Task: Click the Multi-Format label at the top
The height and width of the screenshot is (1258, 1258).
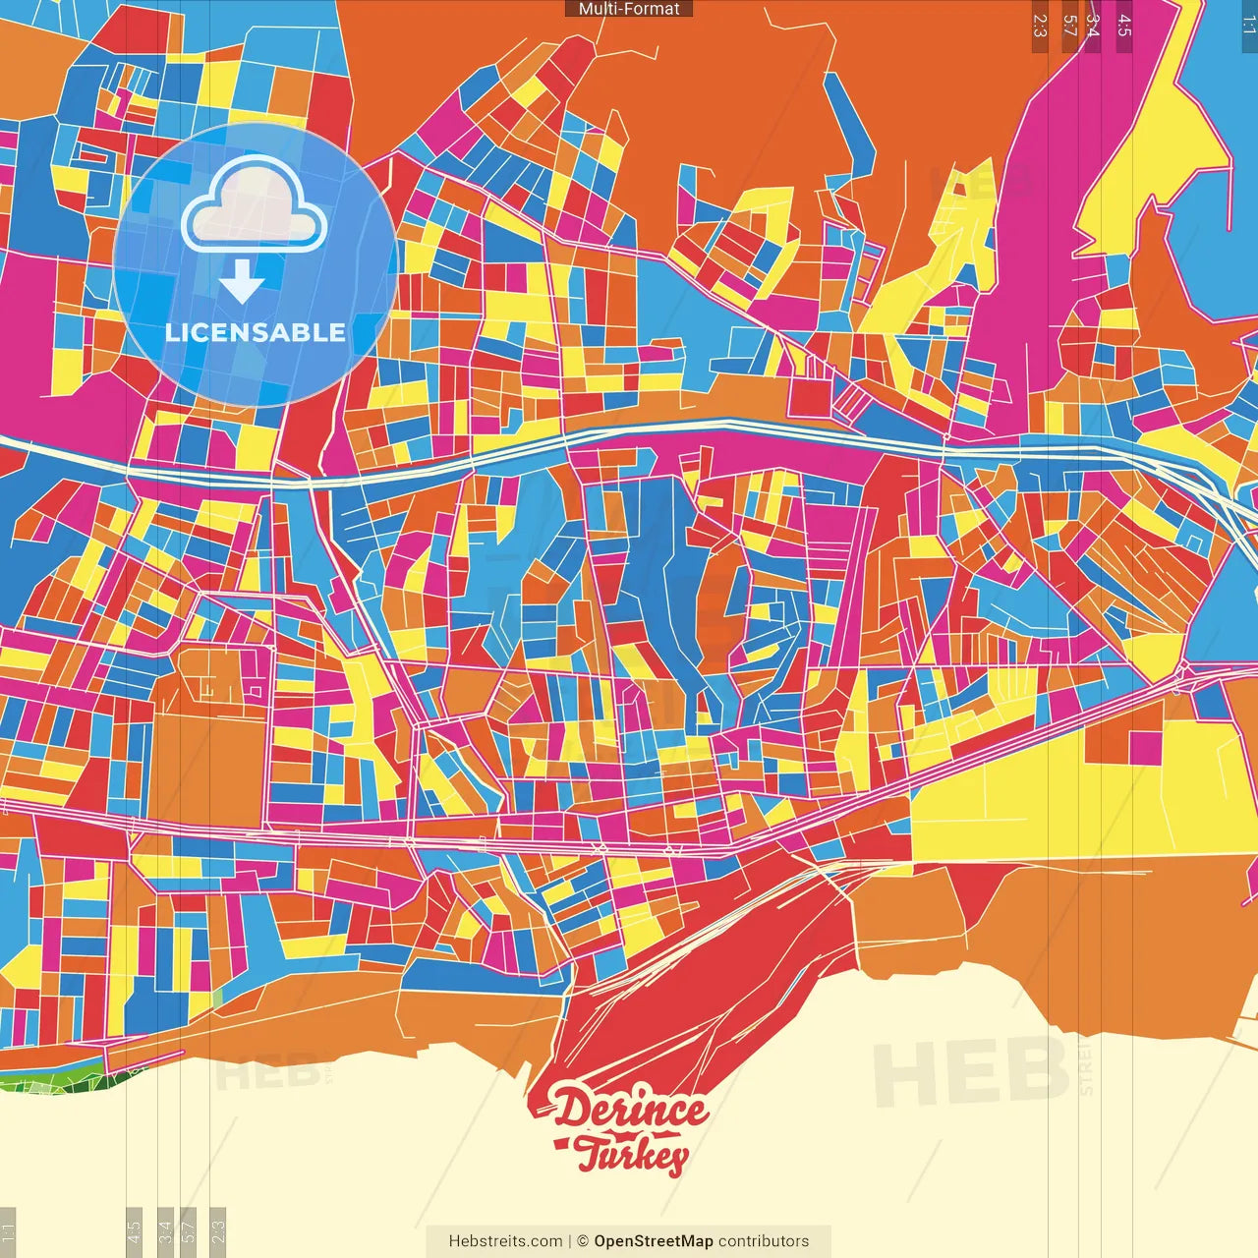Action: coord(629,9)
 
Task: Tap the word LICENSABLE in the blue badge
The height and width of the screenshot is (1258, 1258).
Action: coord(256,332)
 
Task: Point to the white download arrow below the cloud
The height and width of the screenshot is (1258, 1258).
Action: coord(242,282)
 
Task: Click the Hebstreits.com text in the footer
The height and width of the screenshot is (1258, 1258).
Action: coord(505,1241)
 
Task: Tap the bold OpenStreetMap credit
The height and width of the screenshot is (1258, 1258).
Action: coord(654,1241)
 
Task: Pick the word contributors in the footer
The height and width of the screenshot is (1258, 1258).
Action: coord(764,1241)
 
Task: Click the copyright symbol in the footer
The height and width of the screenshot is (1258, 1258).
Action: coord(582,1241)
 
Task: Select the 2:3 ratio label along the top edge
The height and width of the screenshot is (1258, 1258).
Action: coord(1039,26)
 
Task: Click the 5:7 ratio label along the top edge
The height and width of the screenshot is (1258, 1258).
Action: coord(1069,26)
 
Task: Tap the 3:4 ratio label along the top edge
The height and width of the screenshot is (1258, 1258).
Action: coord(1092,26)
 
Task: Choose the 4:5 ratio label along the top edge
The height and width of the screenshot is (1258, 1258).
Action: coord(1123,26)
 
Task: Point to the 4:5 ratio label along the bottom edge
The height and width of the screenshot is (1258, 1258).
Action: coord(134,1230)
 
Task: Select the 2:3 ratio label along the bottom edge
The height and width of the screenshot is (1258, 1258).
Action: coord(217,1230)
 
